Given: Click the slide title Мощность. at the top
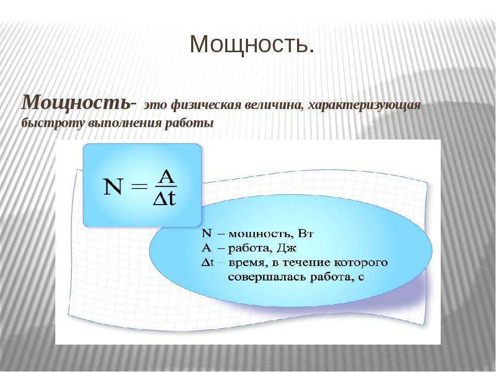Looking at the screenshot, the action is pyautogui.click(x=252, y=44).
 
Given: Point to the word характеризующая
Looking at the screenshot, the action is pyautogui.click(x=364, y=105).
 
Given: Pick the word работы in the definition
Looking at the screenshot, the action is pyautogui.click(x=189, y=123).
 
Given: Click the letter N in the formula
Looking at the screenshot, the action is pyautogui.click(x=113, y=187).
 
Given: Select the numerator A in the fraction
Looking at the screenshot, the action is pyautogui.click(x=166, y=177).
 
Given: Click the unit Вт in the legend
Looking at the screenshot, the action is pyautogui.click(x=305, y=234).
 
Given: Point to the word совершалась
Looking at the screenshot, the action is pyautogui.click(x=267, y=277).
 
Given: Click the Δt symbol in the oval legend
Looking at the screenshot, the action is pyautogui.click(x=208, y=262).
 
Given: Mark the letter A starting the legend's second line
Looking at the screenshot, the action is pyautogui.click(x=206, y=247).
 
